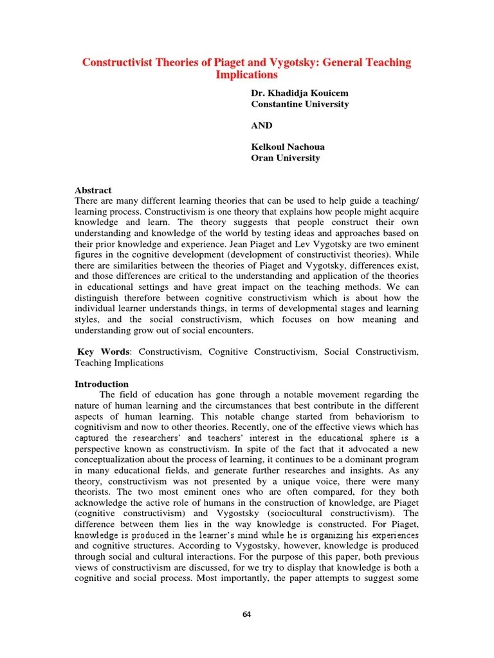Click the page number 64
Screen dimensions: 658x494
click(x=246, y=614)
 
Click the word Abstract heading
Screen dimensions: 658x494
click(x=93, y=190)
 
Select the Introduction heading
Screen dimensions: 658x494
click(x=102, y=384)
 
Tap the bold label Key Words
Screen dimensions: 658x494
click(x=104, y=352)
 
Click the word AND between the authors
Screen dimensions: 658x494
click(x=262, y=125)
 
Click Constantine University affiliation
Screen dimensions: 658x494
click(x=300, y=104)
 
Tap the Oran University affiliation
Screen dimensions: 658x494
click(x=285, y=158)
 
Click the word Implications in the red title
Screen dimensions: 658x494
click(x=246, y=75)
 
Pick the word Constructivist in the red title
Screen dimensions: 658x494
click(x=117, y=63)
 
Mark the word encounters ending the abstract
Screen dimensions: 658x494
click(x=229, y=330)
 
